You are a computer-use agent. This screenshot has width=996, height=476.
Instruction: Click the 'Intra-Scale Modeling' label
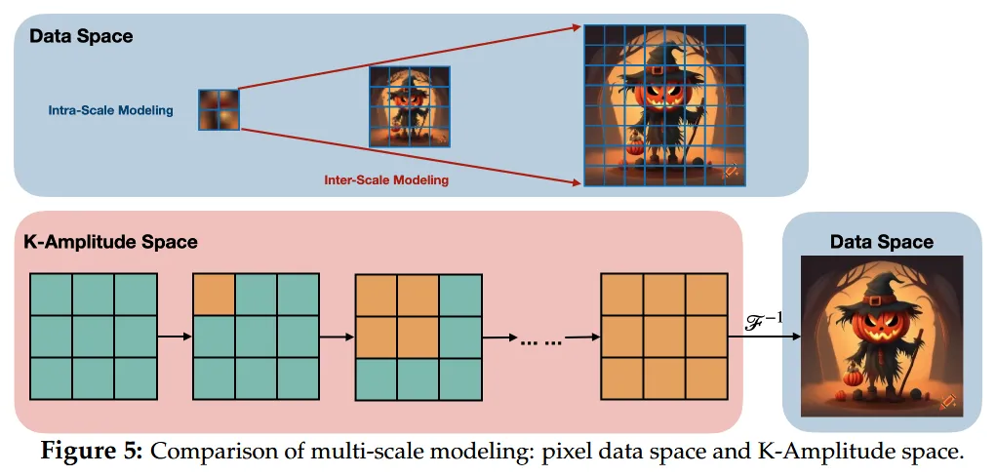pos(110,110)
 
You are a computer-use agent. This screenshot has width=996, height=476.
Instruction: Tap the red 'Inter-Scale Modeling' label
pos(386,179)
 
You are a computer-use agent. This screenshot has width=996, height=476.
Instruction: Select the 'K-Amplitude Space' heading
pos(110,242)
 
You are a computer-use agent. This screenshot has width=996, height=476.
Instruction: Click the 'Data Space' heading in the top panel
pos(81,37)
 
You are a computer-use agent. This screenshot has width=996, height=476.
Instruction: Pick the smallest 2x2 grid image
pos(218,109)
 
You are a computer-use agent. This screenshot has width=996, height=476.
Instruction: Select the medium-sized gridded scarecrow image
pos(408,106)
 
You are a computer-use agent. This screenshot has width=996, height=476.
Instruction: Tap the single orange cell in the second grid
pos(215,295)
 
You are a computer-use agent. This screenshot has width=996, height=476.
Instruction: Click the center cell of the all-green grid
pos(94,337)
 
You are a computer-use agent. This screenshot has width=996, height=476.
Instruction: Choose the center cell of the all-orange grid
pos(663,337)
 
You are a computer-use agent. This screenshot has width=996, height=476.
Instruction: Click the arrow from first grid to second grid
pos(175,337)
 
